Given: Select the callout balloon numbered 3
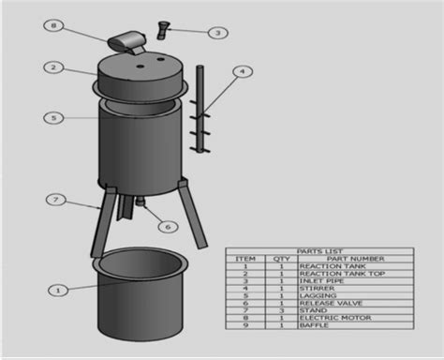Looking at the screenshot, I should pos(217,33).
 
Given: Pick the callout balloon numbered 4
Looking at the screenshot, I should pos(242,70).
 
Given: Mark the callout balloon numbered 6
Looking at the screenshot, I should pos(168,226).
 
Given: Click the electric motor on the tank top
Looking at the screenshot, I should pos(126,40).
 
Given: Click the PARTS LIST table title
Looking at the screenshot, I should pos(318,251).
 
